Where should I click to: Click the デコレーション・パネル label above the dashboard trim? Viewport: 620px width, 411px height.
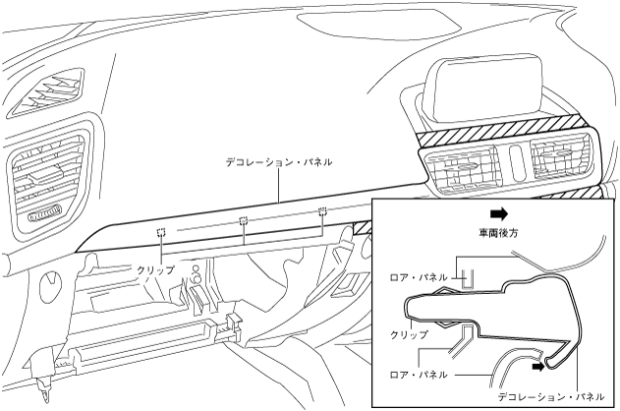pos(278,161)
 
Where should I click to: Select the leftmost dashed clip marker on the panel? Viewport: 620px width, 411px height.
pos(160,233)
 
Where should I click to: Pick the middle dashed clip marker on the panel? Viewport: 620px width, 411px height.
pos(243,221)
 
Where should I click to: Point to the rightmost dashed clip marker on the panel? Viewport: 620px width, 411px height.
pos(321,211)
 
